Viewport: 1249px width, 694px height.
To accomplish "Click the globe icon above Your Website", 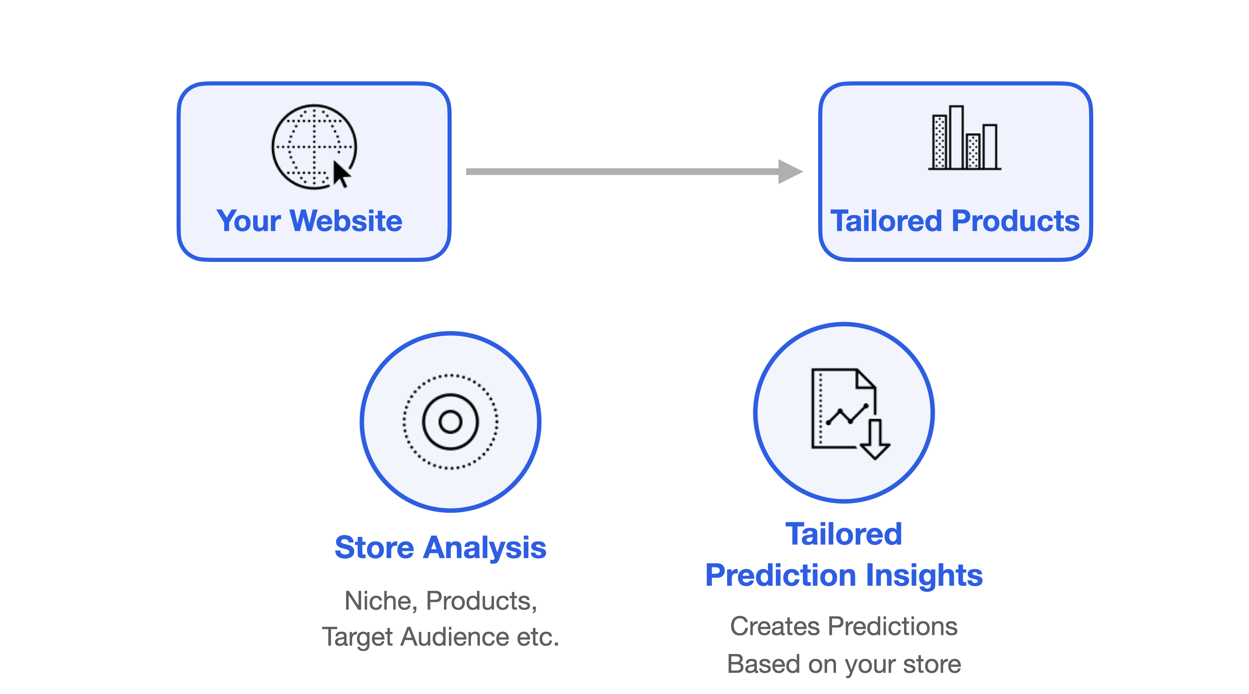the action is [x=314, y=147].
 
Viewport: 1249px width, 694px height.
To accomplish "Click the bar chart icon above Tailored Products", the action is [x=964, y=137].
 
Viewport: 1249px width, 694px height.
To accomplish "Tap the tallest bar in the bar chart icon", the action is [x=956, y=137].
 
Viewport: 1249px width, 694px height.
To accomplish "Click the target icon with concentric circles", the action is [x=451, y=422].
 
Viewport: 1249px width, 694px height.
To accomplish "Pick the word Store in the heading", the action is [x=374, y=548].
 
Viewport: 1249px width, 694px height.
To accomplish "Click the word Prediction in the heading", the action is [x=781, y=575].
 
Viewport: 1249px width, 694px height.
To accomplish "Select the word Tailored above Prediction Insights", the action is [x=844, y=534].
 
